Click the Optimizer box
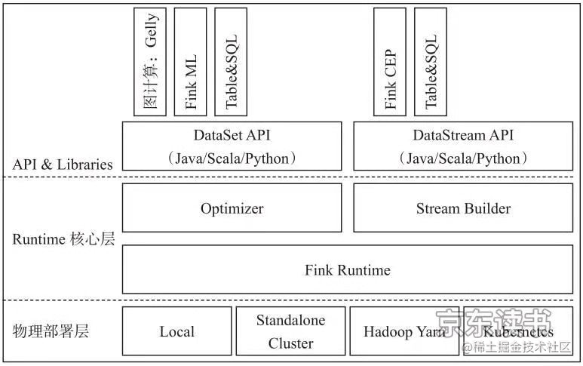(x=232, y=209)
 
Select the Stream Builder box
(x=463, y=209)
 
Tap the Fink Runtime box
(x=347, y=269)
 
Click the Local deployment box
(x=176, y=331)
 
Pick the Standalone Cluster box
(x=290, y=331)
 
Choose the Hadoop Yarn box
(x=403, y=331)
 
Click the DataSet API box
(x=232, y=146)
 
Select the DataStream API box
(x=463, y=146)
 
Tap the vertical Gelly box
(x=150, y=62)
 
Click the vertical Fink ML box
(x=190, y=62)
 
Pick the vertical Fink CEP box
(x=390, y=62)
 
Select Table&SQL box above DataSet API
(x=231, y=62)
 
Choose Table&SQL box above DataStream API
(x=431, y=62)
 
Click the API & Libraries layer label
(x=63, y=164)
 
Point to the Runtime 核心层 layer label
(x=63, y=239)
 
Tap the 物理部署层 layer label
(x=51, y=331)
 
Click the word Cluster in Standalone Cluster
(x=290, y=343)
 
